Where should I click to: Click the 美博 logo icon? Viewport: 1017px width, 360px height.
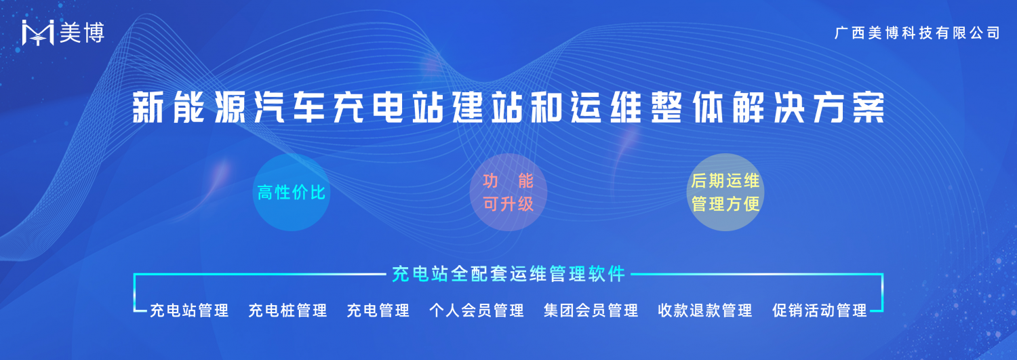tap(38, 33)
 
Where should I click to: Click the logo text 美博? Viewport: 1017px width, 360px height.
tap(82, 33)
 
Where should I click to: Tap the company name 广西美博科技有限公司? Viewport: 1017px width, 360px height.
tap(917, 33)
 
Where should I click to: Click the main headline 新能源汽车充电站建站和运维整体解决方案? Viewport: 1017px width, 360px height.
tap(509, 108)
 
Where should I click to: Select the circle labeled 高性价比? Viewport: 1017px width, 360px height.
tap(292, 193)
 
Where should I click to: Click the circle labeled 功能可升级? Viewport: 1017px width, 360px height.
tap(508, 193)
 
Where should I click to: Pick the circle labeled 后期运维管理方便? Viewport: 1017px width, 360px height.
tap(725, 193)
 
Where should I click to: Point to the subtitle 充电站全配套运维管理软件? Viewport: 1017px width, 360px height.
tap(509, 274)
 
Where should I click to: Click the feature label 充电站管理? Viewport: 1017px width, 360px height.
tap(189, 311)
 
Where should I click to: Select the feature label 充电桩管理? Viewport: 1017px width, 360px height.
tap(288, 311)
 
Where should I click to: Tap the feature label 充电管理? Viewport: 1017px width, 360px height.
tap(378, 311)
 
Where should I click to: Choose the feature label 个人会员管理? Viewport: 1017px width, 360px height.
tap(477, 311)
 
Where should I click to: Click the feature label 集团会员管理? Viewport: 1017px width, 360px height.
tap(591, 311)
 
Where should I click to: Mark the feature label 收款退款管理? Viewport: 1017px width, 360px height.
tap(705, 311)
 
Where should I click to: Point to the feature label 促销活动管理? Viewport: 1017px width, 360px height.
tap(820, 311)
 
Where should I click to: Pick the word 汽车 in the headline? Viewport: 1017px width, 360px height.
tap(290, 108)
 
